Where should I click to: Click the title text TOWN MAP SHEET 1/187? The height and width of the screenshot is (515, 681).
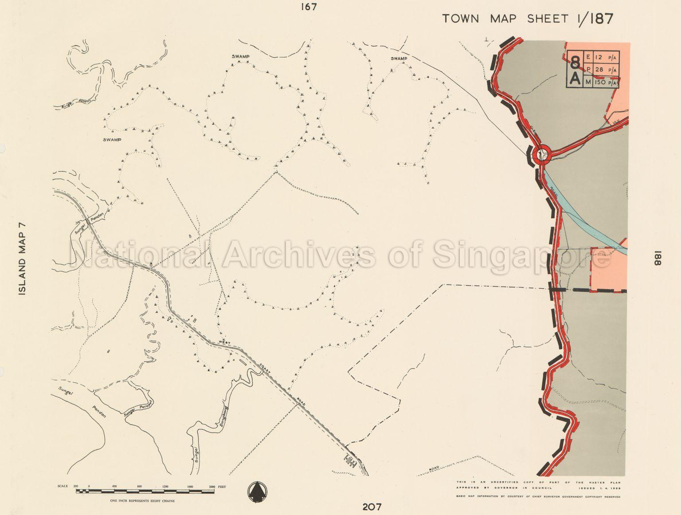click(x=528, y=19)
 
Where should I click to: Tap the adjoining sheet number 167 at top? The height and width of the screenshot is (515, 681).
click(x=309, y=7)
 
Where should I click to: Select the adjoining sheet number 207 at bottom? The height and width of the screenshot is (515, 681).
click(x=372, y=507)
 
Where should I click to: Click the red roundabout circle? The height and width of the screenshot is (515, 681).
click(x=542, y=155)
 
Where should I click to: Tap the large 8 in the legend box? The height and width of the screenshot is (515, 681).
click(x=575, y=61)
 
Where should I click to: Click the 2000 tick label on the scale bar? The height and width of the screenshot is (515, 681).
click(x=212, y=487)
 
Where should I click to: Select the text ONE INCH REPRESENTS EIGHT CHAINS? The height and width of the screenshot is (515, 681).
click(x=142, y=501)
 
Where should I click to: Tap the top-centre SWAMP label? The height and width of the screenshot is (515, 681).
click(x=241, y=56)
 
